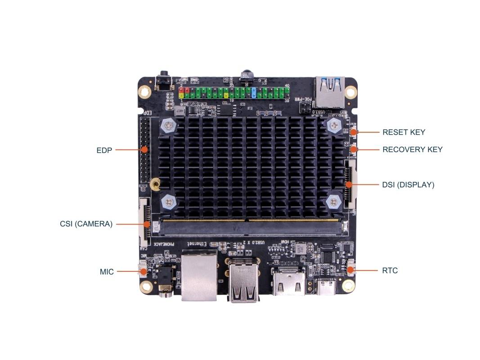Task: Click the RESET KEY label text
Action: (x=404, y=132)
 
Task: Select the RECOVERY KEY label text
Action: (x=412, y=149)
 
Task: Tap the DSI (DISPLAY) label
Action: (x=408, y=184)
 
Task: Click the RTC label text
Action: (x=390, y=271)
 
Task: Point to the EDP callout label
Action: (x=103, y=150)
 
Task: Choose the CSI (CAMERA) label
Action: (x=86, y=223)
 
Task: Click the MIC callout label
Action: (x=106, y=272)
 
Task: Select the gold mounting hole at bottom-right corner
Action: (x=348, y=286)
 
